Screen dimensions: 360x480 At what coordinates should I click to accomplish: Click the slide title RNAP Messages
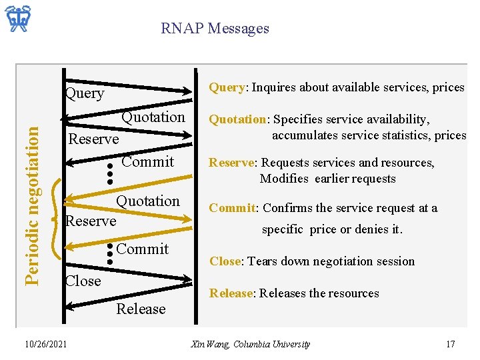pos(215,29)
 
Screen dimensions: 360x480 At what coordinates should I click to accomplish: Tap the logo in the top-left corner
pos(19,19)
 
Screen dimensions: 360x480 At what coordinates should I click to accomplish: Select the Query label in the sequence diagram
pos(85,93)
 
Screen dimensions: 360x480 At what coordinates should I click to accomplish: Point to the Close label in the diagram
pos(83,281)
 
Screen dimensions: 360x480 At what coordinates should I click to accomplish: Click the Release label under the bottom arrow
pos(141,309)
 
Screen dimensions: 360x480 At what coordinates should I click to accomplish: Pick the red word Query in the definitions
pos(227,87)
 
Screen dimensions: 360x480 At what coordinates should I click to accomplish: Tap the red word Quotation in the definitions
pos(237,119)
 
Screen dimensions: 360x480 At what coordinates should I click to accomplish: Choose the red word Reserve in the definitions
pos(233,163)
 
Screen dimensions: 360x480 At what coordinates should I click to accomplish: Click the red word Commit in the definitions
pos(232,208)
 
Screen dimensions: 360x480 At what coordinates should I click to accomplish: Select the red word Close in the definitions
pos(225,261)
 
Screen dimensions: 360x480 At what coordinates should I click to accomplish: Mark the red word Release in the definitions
pos(231,293)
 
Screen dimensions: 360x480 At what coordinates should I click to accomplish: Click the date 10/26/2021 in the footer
pos(45,344)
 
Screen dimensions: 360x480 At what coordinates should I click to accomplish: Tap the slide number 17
pos(451,344)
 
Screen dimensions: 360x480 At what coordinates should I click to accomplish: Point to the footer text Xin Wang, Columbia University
pos(250,344)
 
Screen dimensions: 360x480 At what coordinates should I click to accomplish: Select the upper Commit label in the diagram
pos(147,161)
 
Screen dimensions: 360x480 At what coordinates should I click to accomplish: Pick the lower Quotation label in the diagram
pos(148,201)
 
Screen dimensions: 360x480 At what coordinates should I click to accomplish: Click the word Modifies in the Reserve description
pos(284,179)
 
